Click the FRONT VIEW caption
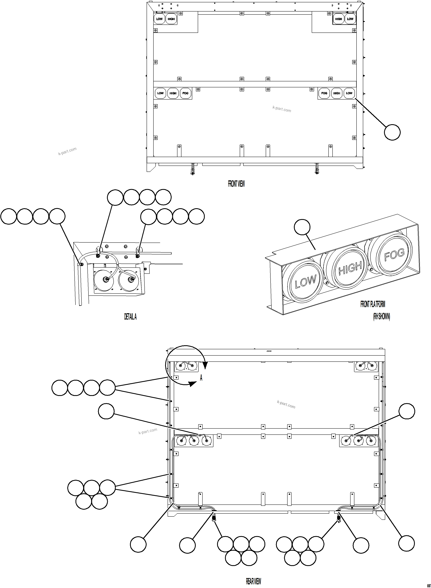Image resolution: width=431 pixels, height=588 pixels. (x=236, y=184)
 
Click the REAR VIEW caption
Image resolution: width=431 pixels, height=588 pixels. (x=253, y=581)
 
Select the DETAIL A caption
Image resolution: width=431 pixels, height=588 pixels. (x=130, y=317)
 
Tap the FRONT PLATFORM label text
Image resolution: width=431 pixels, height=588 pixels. (x=373, y=304)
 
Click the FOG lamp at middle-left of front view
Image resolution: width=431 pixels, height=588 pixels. (x=185, y=93)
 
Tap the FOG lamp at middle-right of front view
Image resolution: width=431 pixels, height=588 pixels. (x=324, y=93)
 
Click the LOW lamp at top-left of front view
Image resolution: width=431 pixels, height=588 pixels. (x=159, y=19)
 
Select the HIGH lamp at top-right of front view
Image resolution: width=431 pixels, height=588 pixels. (x=338, y=19)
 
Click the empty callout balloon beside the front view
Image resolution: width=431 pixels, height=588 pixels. (x=392, y=132)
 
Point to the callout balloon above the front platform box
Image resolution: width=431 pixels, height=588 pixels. (x=302, y=227)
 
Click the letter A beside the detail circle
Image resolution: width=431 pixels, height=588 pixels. (x=201, y=378)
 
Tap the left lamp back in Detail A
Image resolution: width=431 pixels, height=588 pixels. (x=104, y=280)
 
